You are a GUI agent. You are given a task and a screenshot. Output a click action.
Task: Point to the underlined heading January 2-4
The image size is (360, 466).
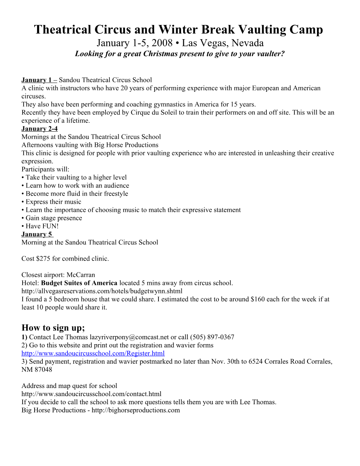[x=40, y=129]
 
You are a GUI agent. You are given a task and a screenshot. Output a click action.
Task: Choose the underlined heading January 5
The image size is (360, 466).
[x=37, y=234]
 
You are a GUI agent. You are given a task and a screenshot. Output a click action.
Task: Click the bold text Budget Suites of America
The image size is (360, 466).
[x=79, y=283]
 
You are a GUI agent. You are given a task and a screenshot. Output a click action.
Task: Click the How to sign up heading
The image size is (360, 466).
[x=53, y=328]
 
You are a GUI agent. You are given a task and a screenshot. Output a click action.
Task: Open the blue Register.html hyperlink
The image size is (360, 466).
[x=93, y=353]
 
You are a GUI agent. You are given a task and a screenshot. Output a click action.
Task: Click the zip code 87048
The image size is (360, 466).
[x=43, y=370]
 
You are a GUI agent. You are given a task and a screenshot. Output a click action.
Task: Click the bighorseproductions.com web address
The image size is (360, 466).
[x=136, y=410]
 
